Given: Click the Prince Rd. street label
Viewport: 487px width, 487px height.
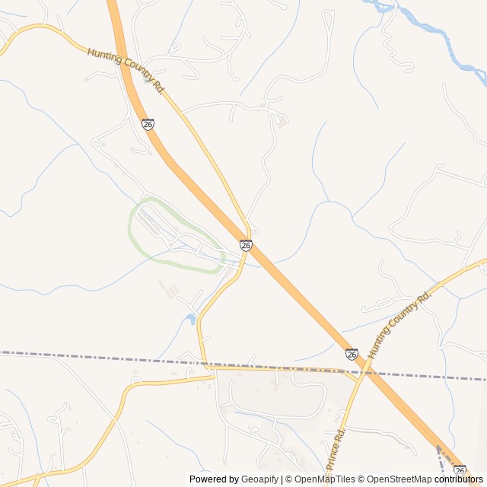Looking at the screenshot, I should [336, 450].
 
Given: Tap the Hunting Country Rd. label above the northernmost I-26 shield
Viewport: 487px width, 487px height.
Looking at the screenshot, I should [126, 71].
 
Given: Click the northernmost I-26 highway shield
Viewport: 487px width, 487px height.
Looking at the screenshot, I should [148, 123].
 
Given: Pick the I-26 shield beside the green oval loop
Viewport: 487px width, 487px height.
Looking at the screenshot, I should [246, 245].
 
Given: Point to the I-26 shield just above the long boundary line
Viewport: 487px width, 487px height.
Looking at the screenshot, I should [351, 354].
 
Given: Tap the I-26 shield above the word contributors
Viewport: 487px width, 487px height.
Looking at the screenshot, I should [459, 470].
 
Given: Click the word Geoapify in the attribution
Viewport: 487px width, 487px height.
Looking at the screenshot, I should [260, 479].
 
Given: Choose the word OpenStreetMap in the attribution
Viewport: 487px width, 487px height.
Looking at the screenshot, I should [399, 479].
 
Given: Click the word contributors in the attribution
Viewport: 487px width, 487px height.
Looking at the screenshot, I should [459, 479].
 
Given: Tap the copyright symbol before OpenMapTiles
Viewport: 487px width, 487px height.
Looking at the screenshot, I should [288, 479].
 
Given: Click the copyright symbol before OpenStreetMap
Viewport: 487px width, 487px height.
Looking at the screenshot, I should [362, 479].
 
